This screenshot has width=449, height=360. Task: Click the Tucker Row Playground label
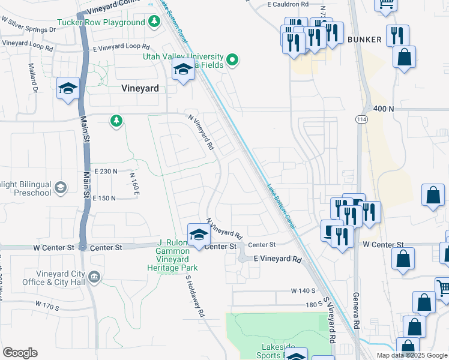(101, 23)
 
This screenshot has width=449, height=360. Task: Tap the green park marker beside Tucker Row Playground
(155, 22)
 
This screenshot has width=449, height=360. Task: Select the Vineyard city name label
(140, 88)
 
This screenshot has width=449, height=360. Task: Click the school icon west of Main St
(68, 89)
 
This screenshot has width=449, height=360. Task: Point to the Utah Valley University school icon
(183, 70)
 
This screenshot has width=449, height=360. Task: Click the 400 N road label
(382, 109)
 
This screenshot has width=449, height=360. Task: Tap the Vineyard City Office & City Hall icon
(94, 277)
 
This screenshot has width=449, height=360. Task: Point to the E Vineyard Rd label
(277, 259)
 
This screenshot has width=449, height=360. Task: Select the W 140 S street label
(303, 290)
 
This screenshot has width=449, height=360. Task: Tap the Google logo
(20, 353)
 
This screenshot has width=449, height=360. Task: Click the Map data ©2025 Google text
(411, 355)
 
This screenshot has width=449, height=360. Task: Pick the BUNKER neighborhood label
(364, 40)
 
